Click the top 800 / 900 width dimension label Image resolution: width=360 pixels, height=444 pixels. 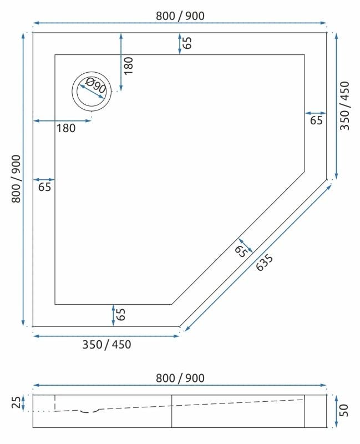click(180, 16)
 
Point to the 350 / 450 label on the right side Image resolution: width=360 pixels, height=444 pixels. click(345, 105)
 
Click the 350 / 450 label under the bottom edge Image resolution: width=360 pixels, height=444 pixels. click(107, 344)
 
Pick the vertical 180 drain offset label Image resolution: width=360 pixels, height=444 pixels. click(129, 65)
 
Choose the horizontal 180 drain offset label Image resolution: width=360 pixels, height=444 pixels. click(65, 129)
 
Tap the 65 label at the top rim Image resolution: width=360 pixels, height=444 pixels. click(188, 43)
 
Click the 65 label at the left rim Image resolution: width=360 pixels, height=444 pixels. click(45, 187)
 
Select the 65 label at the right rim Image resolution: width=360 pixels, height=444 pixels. click(316, 120)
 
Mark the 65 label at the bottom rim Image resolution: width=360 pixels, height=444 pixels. click(121, 315)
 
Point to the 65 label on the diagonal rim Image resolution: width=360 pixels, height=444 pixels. click(241, 251)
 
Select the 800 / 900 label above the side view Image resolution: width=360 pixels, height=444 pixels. click(180, 378)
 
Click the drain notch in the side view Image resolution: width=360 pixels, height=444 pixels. click(89, 411)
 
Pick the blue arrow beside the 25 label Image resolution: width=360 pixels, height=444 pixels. click(25, 402)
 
